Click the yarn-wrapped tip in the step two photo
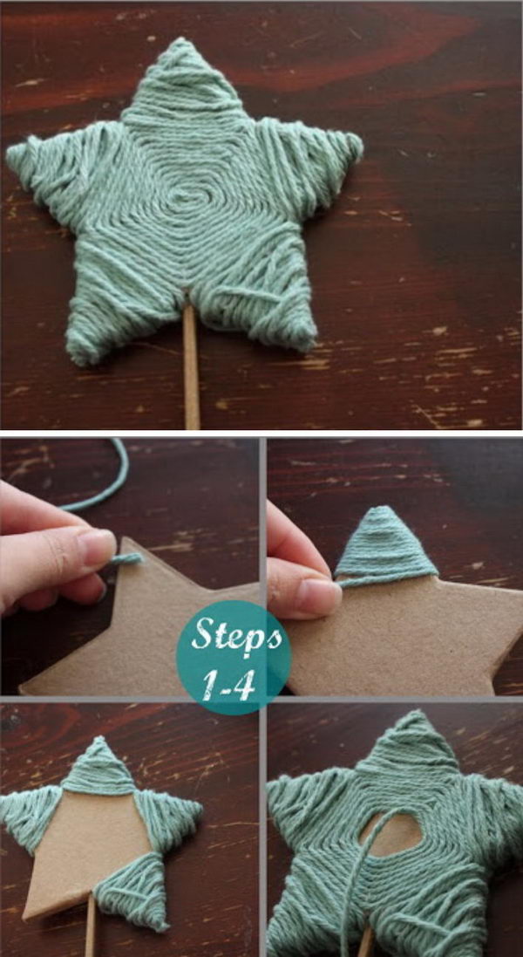coord(384,541)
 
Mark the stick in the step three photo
coord(91,939)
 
